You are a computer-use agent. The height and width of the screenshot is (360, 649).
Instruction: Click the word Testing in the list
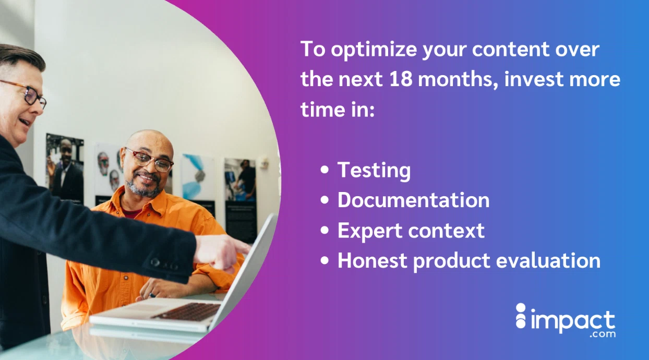tap(374, 171)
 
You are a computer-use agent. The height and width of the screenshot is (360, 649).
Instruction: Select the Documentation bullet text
tap(413, 200)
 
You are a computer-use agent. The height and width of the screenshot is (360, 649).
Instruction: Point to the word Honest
tap(371, 260)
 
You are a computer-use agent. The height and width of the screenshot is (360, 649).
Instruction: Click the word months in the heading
tap(453, 79)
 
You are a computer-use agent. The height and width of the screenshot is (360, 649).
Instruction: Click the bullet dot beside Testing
tap(326, 171)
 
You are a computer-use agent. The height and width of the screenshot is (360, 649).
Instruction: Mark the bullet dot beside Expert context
tap(326, 231)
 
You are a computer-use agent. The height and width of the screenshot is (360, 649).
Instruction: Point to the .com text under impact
tap(603, 334)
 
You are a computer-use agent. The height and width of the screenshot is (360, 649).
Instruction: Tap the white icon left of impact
tap(521, 316)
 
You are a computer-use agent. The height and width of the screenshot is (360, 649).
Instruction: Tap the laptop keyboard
tap(188, 311)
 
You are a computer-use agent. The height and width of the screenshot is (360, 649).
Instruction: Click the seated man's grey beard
tap(143, 189)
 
